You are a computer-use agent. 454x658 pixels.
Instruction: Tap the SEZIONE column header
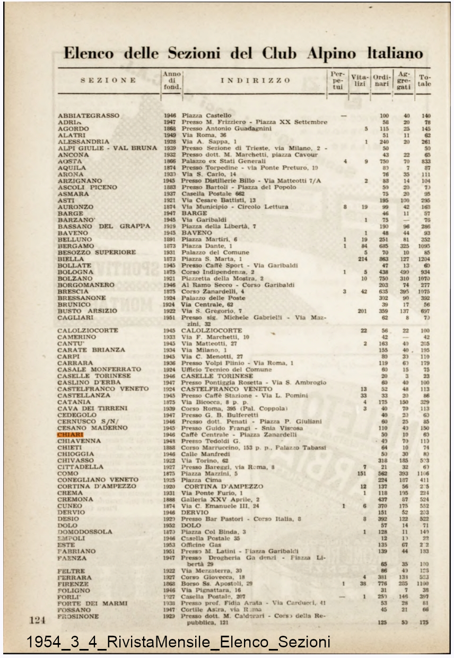[x=109, y=81]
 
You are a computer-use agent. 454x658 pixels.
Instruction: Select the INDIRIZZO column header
[x=256, y=81]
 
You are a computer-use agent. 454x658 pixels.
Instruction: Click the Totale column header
[x=424, y=80]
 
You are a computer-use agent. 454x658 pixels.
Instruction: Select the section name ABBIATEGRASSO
[x=89, y=116]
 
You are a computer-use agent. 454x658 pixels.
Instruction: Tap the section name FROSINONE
[x=78, y=617]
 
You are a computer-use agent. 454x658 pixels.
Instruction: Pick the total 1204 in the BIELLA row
[x=423, y=259]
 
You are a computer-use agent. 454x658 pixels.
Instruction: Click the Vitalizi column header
[x=359, y=80]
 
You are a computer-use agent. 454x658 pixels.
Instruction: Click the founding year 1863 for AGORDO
[x=170, y=129]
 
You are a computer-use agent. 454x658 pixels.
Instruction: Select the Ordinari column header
[x=382, y=80]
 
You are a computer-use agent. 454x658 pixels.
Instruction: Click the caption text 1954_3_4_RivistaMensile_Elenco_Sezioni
[x=178, y=642]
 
